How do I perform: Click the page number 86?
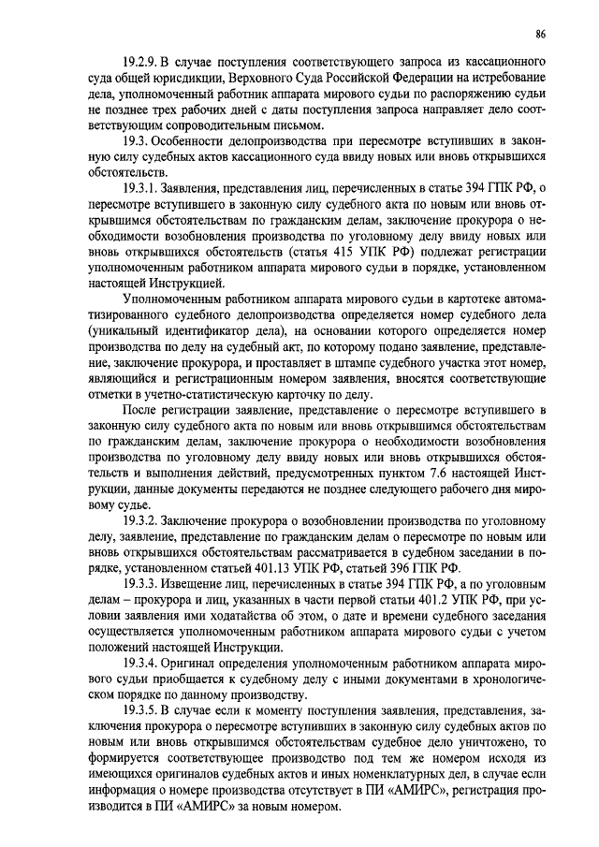pyautogui.click(x=540, y=35)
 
